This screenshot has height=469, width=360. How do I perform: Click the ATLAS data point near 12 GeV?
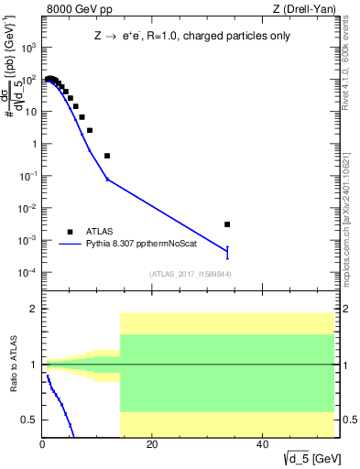point(107,156)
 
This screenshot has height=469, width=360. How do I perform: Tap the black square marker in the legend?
point(69,232)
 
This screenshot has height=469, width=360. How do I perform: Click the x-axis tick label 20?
point(153,446)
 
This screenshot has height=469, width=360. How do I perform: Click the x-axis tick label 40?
point(263,446)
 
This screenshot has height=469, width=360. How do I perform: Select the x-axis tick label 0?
point(43,446)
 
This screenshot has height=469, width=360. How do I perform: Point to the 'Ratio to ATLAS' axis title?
point(12,365)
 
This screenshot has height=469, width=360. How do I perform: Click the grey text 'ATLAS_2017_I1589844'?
point(189,274)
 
